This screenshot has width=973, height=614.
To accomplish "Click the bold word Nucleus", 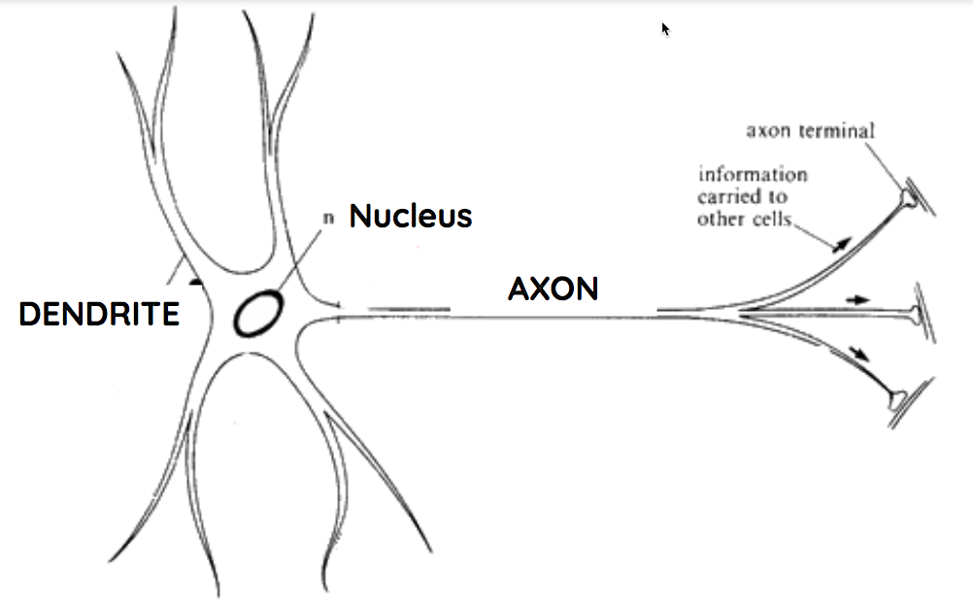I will (411, 216).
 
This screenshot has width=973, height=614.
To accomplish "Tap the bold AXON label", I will (553, 289).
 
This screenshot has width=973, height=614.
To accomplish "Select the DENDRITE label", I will (99, 315).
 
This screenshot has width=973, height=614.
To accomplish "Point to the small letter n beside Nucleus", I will (328, 218).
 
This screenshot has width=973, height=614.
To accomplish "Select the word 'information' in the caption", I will (753, 175).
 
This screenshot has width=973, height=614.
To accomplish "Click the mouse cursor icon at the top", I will (666, 29).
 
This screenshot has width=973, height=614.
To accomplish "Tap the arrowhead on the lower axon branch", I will (856, 351).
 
